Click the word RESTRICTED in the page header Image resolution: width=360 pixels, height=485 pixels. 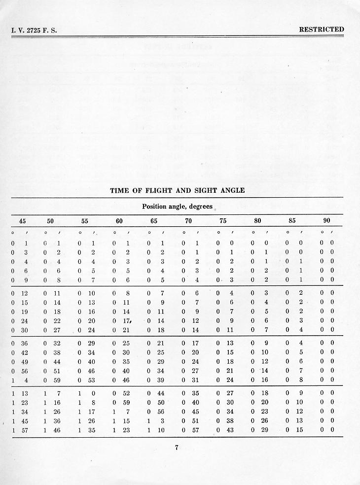(321, 30)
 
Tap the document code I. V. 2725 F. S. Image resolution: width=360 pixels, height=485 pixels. (34, 30)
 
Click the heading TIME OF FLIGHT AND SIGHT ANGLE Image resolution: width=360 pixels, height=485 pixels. (177, 190)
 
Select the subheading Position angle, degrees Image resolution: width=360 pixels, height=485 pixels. (177, 207)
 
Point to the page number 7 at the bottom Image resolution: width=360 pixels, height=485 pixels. (176, 448)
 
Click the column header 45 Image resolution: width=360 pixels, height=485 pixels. (23, 221)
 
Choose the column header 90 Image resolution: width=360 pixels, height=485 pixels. (326, 221)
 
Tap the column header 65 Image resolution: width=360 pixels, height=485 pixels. (154, 221)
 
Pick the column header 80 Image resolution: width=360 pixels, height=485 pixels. (257, 221)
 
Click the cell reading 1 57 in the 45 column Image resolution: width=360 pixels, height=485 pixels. (19, 430)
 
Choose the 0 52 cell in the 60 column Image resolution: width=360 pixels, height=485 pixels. (120, 393)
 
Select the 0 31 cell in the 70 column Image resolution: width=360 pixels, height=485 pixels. (189, 380)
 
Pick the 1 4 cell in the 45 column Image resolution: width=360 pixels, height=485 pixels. (19, 380)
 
